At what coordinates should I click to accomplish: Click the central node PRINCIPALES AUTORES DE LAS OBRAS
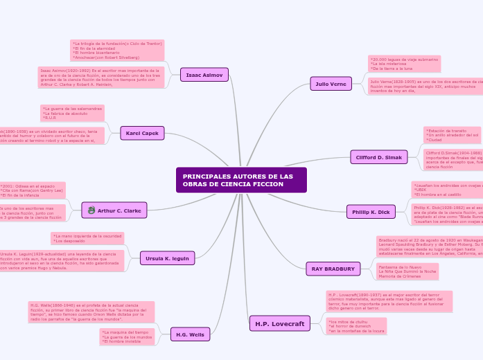coord(241,180)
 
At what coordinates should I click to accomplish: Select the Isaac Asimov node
coord(204,74)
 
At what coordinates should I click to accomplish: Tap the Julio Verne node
coord(331,84)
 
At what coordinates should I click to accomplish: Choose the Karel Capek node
coord(142,133)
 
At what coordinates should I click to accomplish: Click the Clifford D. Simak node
coord(378,157)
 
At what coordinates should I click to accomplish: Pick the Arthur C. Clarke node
coord(114,210)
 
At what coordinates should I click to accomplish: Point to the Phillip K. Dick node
coord(371,212)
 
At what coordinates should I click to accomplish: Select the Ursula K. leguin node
coord(167,258)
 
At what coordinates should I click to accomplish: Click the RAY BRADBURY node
coord(333,269)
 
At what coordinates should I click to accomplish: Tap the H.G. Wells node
coord(190,334)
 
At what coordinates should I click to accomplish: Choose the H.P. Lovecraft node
coord(279,323)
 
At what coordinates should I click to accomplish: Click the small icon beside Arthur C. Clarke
coord(91,210)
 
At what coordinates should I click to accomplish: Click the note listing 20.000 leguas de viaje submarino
coord(404,64)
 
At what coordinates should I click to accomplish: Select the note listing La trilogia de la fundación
coord(117,51)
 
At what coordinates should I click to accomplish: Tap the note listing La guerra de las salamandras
coord(72,114)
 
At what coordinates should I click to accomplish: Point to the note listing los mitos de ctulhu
coord(356,327)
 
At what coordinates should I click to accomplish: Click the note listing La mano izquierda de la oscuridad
coord(87,239)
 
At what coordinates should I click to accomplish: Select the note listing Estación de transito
coord(451,135)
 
